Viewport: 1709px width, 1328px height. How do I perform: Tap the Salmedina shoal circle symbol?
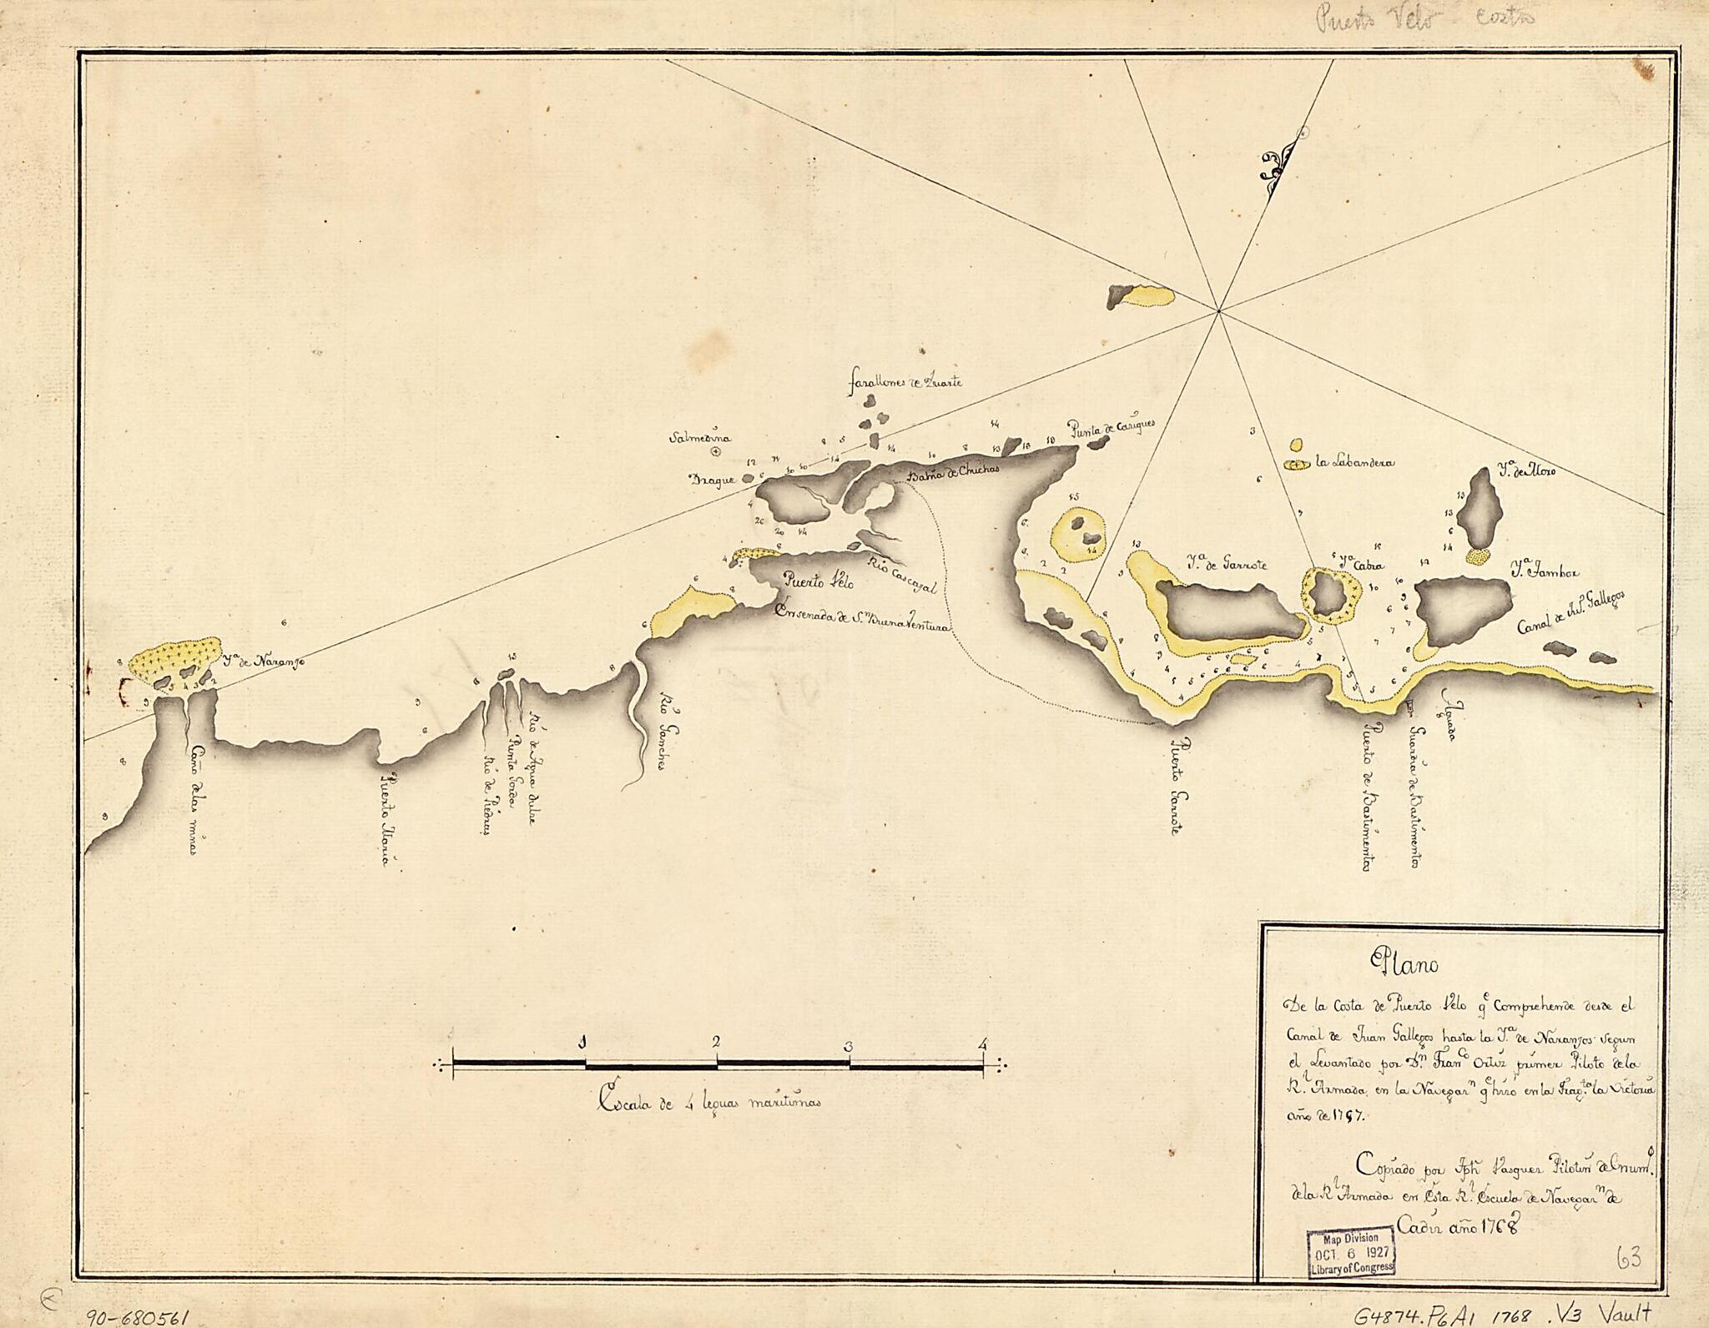(x=715, y=452)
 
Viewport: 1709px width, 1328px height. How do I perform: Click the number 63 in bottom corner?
(x=1627, y=1257)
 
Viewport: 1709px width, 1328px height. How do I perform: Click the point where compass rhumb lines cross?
(x=1219, y=310)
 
